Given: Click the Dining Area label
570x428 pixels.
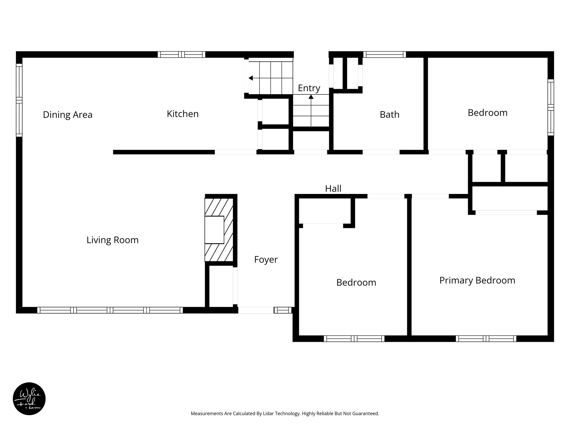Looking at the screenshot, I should pyautogui.click(x=68, y=115).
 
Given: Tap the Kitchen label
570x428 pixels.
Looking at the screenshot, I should pyautogui.click(x=183, y=114).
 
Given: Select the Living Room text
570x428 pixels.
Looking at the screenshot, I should pyautogui.click(x=112, y=240).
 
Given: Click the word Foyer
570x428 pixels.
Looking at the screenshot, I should pyautogui.click(x=266, y=260).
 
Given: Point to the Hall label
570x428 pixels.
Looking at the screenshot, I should pyautogui.click(x=333, y=189).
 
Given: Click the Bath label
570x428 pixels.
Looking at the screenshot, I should pyautogui.click(x=389, y=115).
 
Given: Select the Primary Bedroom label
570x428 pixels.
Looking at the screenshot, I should pyautogui.click(x=477, y=280).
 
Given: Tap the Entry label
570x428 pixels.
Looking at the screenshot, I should pyautogui.click(x=309, y=88).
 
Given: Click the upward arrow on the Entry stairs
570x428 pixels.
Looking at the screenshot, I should pyautogui.click(x=311, y=97).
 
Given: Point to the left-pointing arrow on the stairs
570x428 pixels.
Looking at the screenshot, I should pyautogui.click(x=251, y=78).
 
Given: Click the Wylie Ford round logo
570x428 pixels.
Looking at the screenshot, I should pyautogui.click(x=29, y=399).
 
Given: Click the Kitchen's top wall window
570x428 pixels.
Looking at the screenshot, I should pyautogui.click(x=181, y=54).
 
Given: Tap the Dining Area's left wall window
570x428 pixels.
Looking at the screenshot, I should pyautogui.click(x=19, y=100).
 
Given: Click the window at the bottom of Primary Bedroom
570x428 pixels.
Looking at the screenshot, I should pyautogui.click(x=486, y=339).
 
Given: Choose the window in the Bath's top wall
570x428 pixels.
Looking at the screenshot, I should pyautogui.click(x=384, y=54).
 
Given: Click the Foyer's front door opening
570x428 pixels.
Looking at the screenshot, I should pyautogui.click(x=256, y=310).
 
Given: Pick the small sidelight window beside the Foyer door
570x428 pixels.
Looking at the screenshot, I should pyautogui.click(x=283, y=310).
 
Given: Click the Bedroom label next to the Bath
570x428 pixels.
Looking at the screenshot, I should pyautogui.click(x=487, y=113).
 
